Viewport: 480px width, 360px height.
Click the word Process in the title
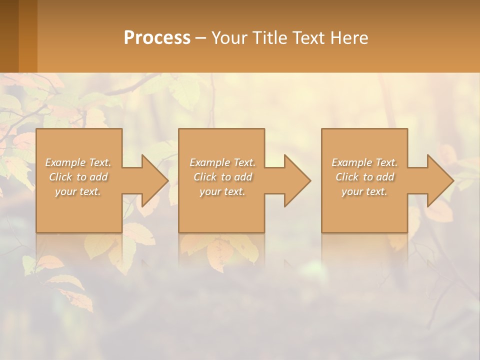coord(157,37)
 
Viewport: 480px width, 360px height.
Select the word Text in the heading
coord(308,37)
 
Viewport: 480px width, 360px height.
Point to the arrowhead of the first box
coord(155,180)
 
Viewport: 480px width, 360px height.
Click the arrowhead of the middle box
coord(297,180)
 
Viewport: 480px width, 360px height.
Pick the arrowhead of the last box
coord(440,180)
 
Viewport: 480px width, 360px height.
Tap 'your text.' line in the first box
coord(78,191)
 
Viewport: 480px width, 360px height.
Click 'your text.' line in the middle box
coord(222,191)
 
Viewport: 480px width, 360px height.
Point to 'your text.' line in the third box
coord(364,191)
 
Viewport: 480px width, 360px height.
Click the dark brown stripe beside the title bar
coord(9,36)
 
